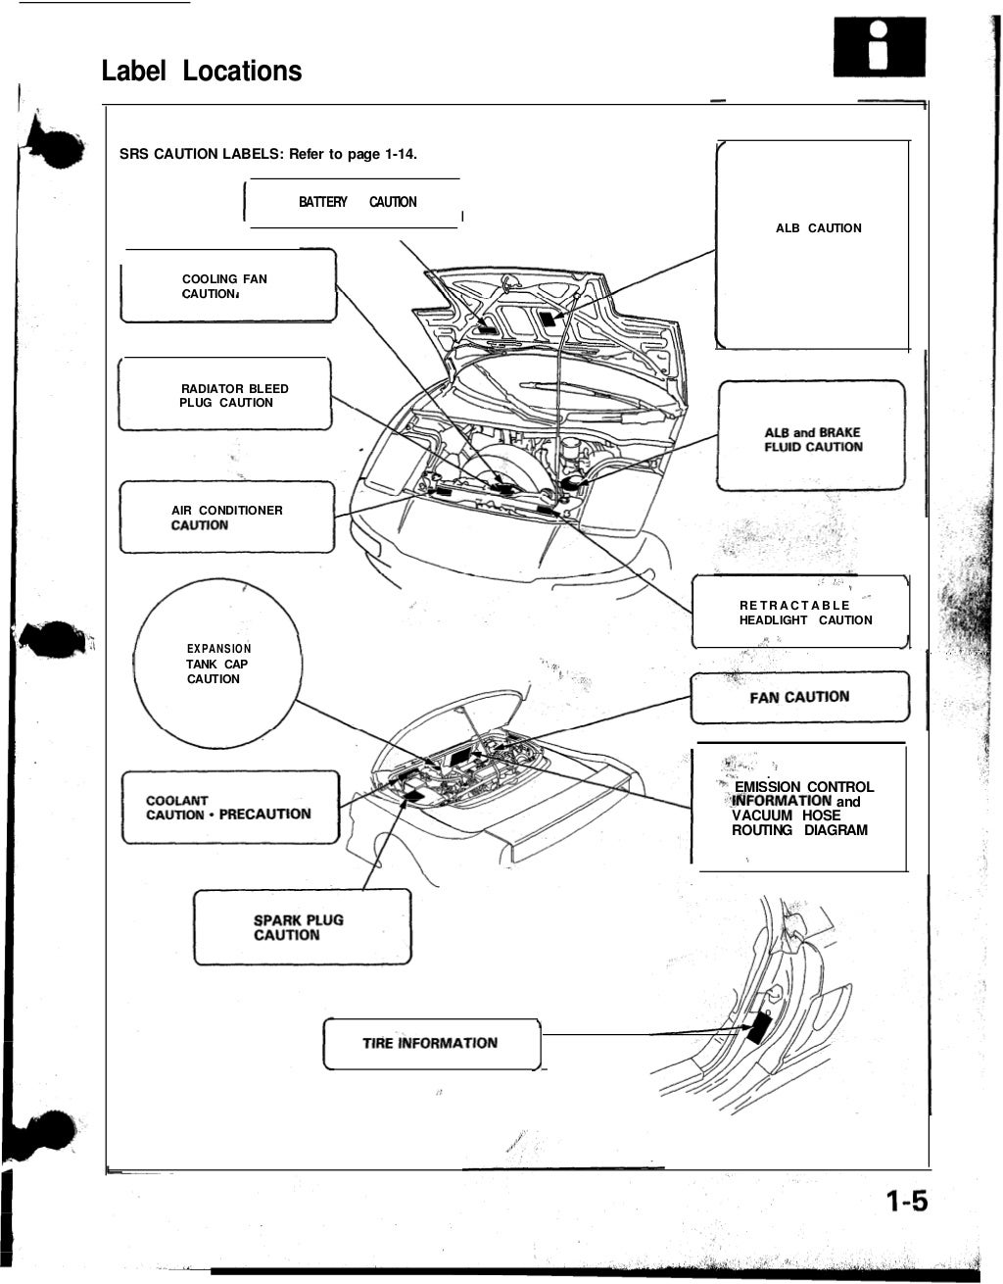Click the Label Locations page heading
pyautogui.click(x=202, y=71)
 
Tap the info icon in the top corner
pyautogui.click(x=879, y=48)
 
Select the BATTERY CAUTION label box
pyautogui.click(x=357, y=203)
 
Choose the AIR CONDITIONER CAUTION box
pyautogui.click(x=226, y=517)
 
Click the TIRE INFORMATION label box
pyautogui.click(x=431, y=1044)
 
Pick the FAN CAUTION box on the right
pyautogui.click(x=800, y=697)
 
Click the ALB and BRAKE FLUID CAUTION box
pyautogui.click(x=812, y=439)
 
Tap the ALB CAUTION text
pyautogui.click(x=818, y=228)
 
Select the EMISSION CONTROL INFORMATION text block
pyautogui.click(x=801, y=809)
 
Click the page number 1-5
pyautogui.click(x=906, y=1202)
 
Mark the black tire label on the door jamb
pyautogui.click(x=757, y=1027)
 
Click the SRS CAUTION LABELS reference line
pyautogui.click(x=268, y=154)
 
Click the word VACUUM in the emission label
pyautogui.click(x=762, y=815)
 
